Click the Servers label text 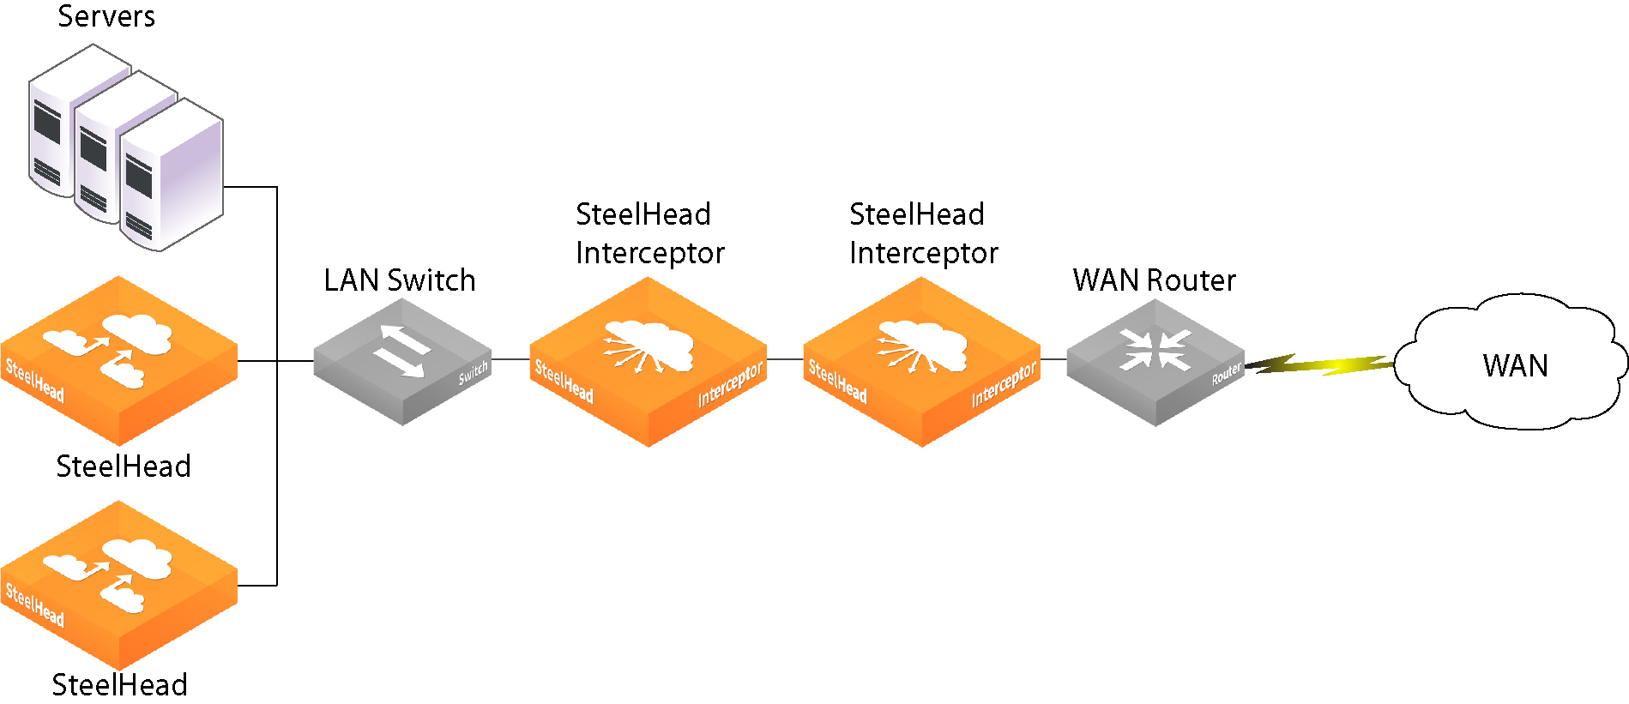click(x=106, y=16)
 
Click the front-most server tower click(x=172, y=180)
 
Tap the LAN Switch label click(x=399, y=280)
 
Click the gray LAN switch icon click(x=401, y=364)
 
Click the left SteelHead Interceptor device click(x=648, y=364)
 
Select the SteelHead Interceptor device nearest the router click(x=921, y=364)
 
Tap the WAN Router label click(x=1154, y=280)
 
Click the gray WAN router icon click(x=1155, y=364)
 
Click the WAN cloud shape click(x=1514, y=364)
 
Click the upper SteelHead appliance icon click(x=118, y=360)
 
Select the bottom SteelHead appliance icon click(x=118, y=585)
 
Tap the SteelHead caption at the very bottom click(x=119, y=685)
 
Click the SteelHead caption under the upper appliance click(x=123, y=466)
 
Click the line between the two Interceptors click(x=785, y=358)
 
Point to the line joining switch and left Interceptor click(x=510, y=358)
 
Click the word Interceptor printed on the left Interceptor click(x=729, y=385)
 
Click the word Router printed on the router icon click(x=1226, y=374)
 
